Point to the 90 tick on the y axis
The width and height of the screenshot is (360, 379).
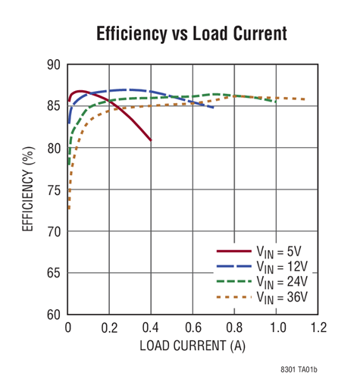click(53, 65)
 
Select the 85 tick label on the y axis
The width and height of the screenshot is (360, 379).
click(53, 106)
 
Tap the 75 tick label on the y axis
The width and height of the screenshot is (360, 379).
click(53, 189)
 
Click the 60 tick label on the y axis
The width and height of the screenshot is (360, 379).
click(53, 314)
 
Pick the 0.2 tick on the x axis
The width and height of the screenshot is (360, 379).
click(110, 327)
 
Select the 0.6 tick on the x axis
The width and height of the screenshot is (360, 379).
click(193, 327)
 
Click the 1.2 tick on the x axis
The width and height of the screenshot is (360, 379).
click(318, 327)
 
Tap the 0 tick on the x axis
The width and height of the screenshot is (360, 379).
click(68, 327)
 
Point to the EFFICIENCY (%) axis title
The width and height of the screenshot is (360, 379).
click(27, 189)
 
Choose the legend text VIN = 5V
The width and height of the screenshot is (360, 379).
click(281, 251)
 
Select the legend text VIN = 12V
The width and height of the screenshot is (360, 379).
click(283, 266)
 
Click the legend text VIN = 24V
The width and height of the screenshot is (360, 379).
click(283, 281)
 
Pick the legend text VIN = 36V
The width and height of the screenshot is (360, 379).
click(283, 296)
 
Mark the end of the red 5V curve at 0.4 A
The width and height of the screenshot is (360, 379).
click(151, 139)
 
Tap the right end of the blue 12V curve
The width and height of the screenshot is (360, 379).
click(213, 107)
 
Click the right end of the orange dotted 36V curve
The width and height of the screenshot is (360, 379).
click(305, 99)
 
